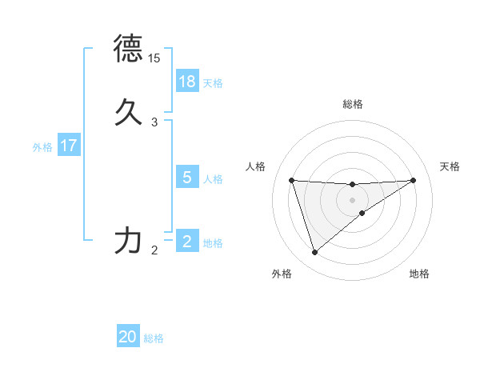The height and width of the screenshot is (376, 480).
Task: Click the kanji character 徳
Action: [x=129, y=50]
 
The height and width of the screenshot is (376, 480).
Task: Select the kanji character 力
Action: [x=129, y=240]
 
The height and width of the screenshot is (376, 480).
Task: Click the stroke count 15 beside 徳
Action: [x=154, y=58]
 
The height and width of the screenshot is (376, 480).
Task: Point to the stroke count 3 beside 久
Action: [x=154, y=122]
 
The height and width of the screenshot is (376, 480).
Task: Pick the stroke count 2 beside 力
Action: [x=154, y=250]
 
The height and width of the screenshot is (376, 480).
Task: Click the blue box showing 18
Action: [x=187, y=82]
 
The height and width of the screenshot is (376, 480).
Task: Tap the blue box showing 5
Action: [x=187, y=178]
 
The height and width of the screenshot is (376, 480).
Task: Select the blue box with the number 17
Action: [x=69, y=146]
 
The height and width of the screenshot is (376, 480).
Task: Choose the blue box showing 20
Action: [x=128, y=337]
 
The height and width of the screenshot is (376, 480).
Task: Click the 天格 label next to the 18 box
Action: [x=213, y=82]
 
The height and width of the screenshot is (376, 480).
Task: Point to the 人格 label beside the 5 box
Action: [x=213, y=178]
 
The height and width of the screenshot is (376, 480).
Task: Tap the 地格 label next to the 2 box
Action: [x=213, y=242]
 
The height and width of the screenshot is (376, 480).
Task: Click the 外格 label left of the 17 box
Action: [x=42, y=146]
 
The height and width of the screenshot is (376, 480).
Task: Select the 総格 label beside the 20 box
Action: [x=154, y=338]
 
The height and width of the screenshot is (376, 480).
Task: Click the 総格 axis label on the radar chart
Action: [x=352, y=104]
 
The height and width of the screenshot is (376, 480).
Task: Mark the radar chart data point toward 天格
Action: [x=414, y=180]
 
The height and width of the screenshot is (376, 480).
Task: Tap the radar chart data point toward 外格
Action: [x=314, y=253]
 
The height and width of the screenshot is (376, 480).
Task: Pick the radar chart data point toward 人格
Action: [x=291, y=180]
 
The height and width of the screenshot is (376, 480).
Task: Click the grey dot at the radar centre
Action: [x=352, y=199]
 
